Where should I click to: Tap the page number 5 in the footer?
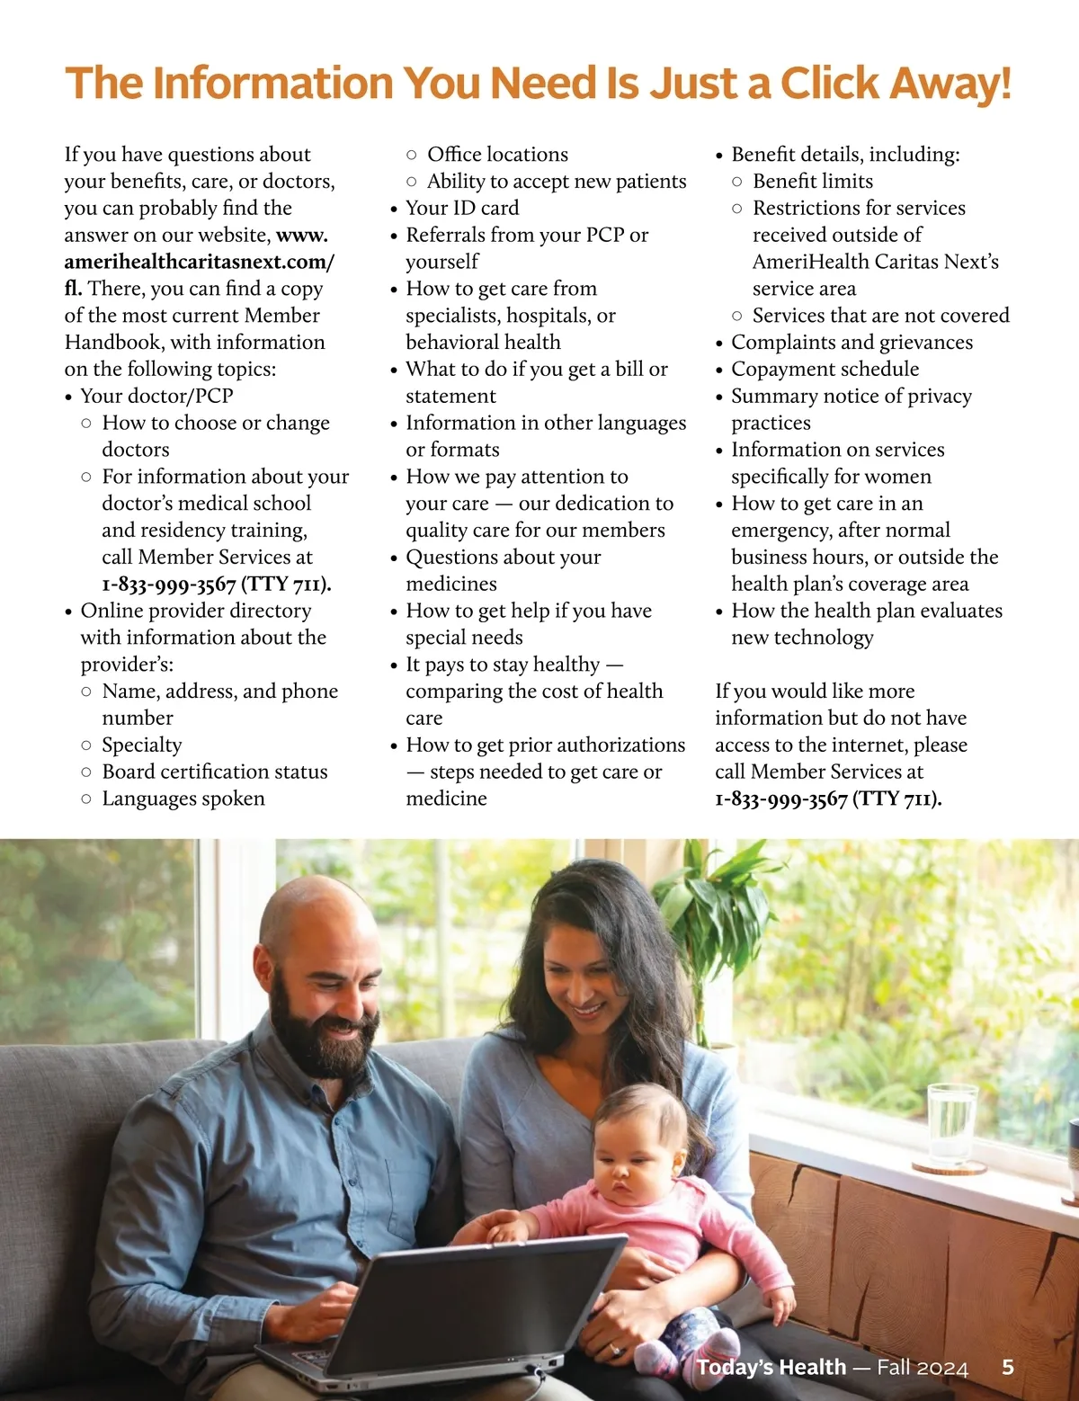[1008, 1367]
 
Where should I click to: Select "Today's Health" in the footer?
[771, 1367]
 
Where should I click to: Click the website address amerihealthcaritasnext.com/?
[199, 262]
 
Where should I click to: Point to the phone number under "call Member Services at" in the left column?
[217, 584]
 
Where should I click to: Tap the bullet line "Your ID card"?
[462, 208]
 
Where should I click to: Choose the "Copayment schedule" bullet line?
[825, 369]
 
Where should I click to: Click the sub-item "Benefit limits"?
[813, 181]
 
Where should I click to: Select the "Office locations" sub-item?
[497, 154]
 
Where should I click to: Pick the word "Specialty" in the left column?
[142, 745]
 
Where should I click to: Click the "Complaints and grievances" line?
[852, 342]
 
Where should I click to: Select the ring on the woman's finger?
[614, 1350]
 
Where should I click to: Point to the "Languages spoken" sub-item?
[183, 799]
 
